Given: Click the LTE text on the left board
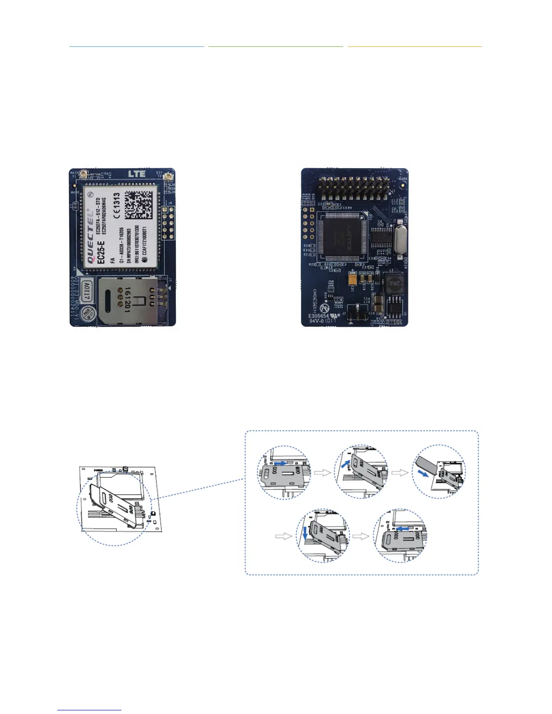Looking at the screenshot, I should click(x=137, y=174).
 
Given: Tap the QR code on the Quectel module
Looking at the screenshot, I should click(x=142, y=206).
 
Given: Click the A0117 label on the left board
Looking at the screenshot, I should click(x=87, y=291).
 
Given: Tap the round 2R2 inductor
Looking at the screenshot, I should click(x=394, y=284).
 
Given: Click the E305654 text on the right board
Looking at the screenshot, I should click(x=319, y=316).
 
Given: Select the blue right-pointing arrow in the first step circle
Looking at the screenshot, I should click(x=280, y=463).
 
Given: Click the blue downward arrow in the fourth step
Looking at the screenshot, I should click(x=305, y=533).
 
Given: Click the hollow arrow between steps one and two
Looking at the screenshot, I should click(x=322, y=473).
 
